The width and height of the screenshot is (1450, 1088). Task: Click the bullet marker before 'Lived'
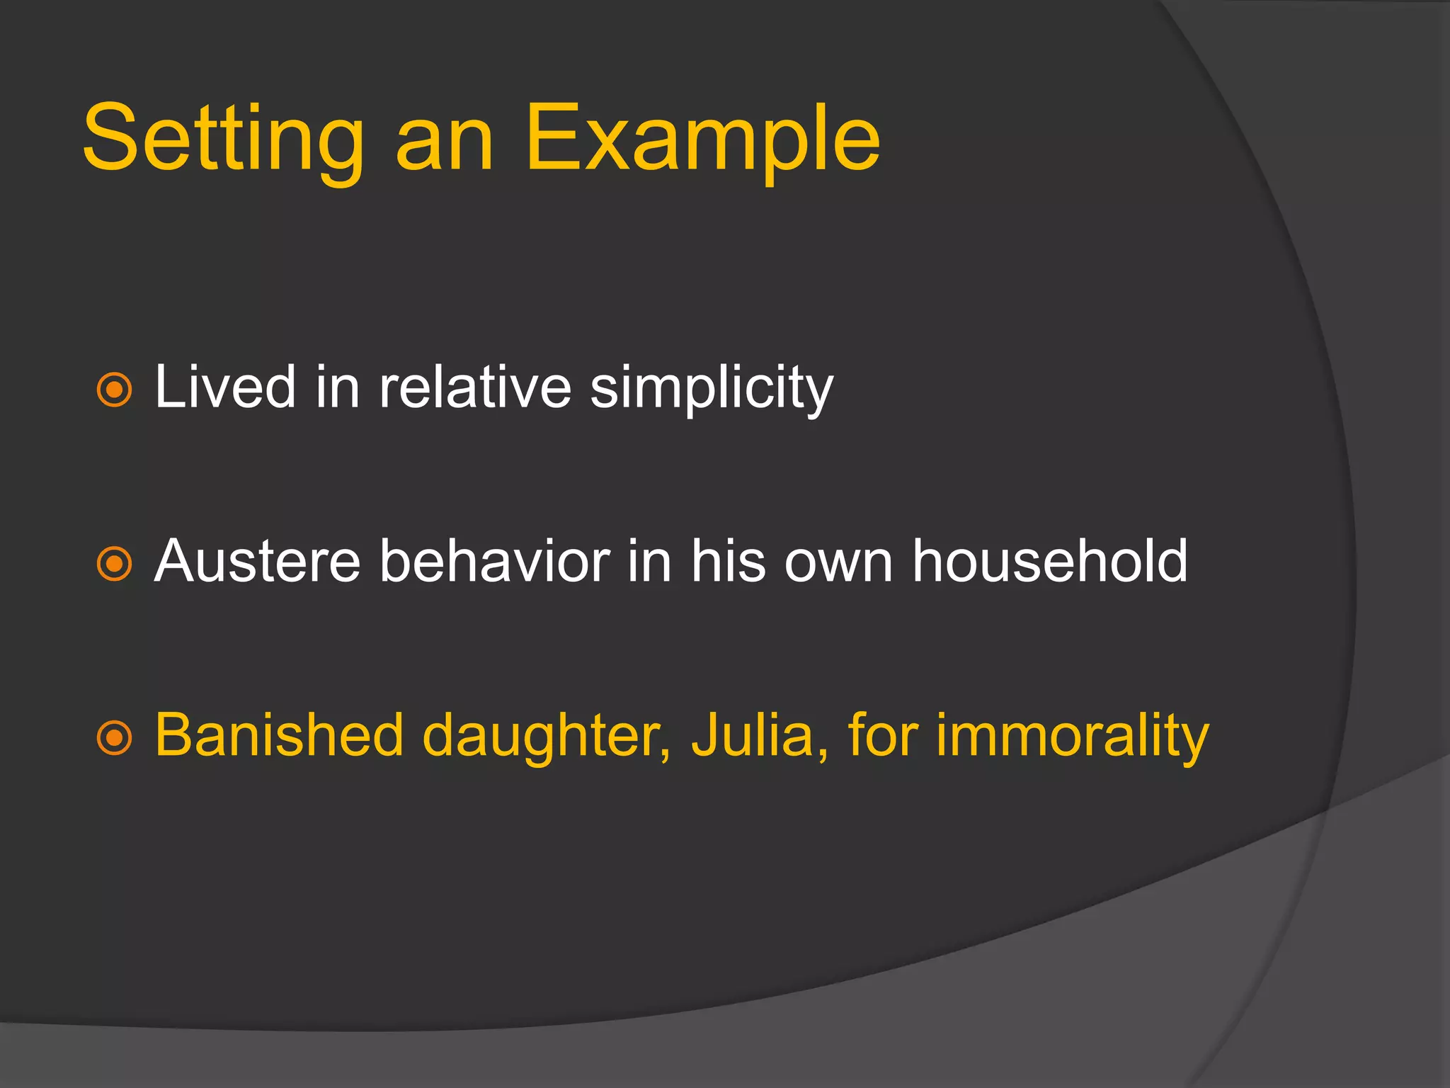point(114,390)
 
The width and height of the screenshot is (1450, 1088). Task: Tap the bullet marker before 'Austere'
point(114,564)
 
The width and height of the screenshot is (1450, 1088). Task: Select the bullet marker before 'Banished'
point(114,738)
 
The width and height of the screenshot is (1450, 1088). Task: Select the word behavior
point(494,561)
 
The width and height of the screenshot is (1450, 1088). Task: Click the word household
point(1049,561)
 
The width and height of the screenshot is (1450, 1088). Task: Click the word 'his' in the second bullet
point(728,561)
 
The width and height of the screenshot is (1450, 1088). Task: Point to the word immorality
point(1072,737)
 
